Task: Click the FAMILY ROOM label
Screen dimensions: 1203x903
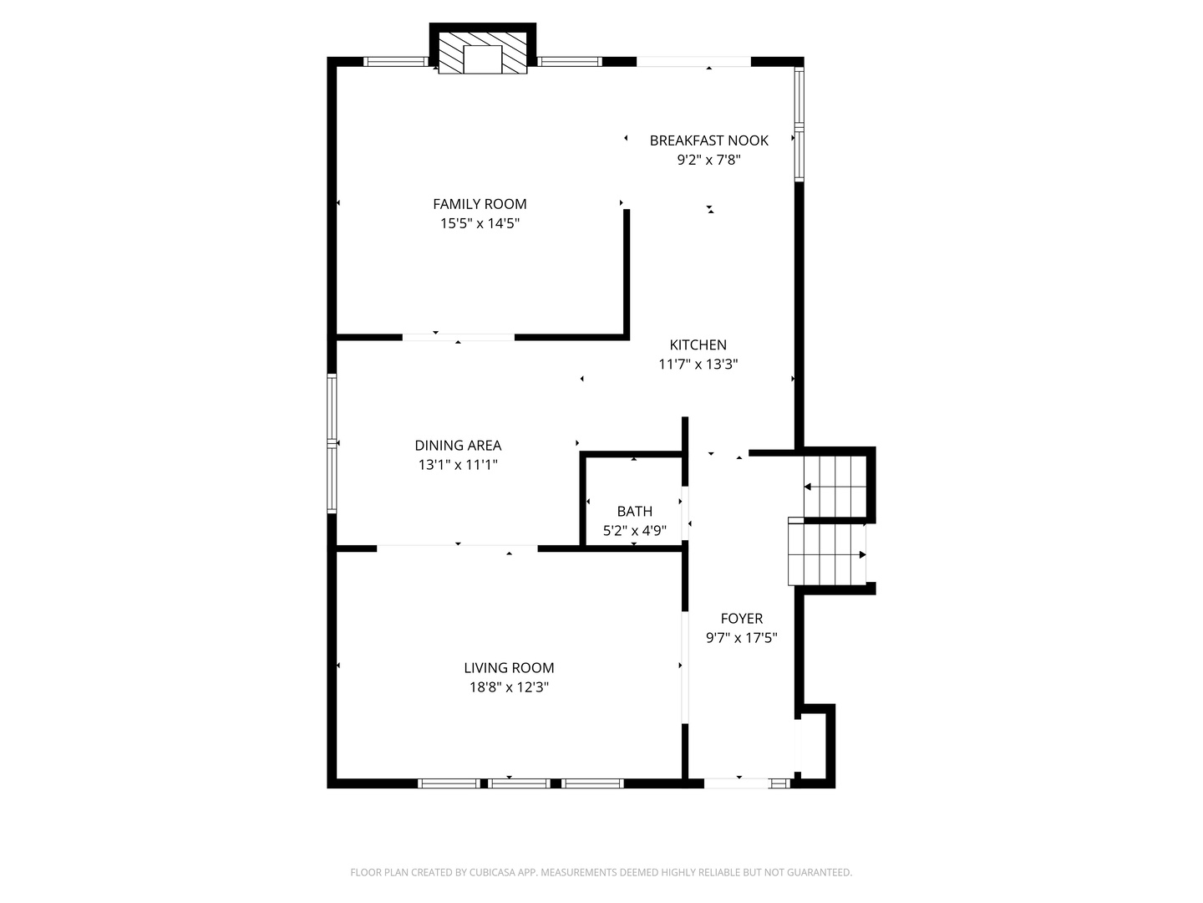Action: tap(480, 204)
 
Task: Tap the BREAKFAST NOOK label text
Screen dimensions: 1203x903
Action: tap(708, 140)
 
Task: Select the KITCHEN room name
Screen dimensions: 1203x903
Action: tap(698, 344)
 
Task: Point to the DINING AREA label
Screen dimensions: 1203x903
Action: tap(458, 445)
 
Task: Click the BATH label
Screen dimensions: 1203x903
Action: tap(635, 511)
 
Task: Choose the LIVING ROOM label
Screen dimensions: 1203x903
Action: tap(509, 668)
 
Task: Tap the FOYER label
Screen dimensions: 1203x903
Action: tap(742, 619)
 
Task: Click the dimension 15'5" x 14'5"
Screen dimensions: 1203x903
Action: tap(480, 223)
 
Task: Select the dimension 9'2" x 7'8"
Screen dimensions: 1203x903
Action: tap(708, 160)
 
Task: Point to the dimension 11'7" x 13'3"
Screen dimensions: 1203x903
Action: tap(698, 364)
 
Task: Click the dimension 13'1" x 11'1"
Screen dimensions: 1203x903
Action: tap(458, 465)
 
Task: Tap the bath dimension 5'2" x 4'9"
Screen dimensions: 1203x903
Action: tap(635, 530)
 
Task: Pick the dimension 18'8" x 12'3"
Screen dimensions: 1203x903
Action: tap(509, 687)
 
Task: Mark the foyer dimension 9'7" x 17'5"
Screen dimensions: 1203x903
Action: tap(742, 638)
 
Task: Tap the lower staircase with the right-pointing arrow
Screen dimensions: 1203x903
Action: tap(826, 554)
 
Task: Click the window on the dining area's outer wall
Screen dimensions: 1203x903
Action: tap(332, 443)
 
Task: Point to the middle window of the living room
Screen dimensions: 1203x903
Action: tap(519, 783)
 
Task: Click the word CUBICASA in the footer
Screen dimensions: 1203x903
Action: tap(492, 872)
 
